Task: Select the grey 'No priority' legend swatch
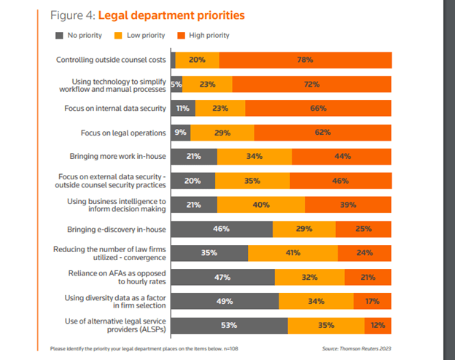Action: click(59, 35)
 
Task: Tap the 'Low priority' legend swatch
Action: click(119, 35)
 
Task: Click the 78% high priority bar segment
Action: click(305, 60)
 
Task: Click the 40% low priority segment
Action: click(261, 205)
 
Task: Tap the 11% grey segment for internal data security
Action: click(182, 109)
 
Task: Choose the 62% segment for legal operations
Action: click(322, 133)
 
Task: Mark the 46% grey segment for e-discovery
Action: click(222, 229)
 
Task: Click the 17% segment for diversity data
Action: click(372, 300)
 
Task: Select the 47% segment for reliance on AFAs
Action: click(222, 277)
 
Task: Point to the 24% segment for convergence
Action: click(365, 253)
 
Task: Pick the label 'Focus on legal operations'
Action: click(123, 133)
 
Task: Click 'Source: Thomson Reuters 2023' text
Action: click(357, 348)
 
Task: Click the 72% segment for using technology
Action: click(312, 85)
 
